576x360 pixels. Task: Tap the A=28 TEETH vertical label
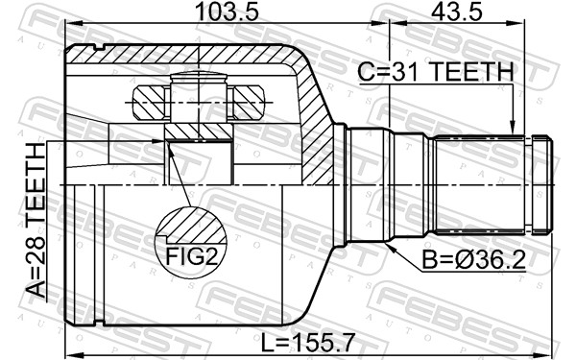(x=36, y=220)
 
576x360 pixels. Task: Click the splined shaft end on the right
(x=490, y=184)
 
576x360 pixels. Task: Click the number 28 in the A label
(x=36, y=267)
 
